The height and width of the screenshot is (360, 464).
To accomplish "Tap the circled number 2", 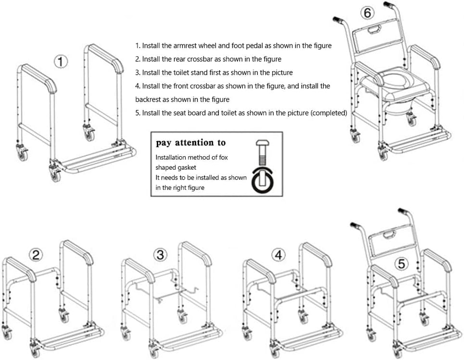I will pos(36,255).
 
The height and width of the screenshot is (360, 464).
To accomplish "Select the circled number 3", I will pos(160,255).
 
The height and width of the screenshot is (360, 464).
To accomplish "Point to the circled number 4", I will pos(279,255).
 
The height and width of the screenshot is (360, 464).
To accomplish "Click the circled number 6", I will pos(368,13).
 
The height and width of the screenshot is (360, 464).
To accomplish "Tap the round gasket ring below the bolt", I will pos(263,181).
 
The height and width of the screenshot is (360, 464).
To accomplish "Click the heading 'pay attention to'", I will pos(191,143).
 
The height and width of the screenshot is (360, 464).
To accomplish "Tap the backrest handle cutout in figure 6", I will pos(373,31).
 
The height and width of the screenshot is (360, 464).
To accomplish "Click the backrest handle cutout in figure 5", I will pos(388,234).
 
